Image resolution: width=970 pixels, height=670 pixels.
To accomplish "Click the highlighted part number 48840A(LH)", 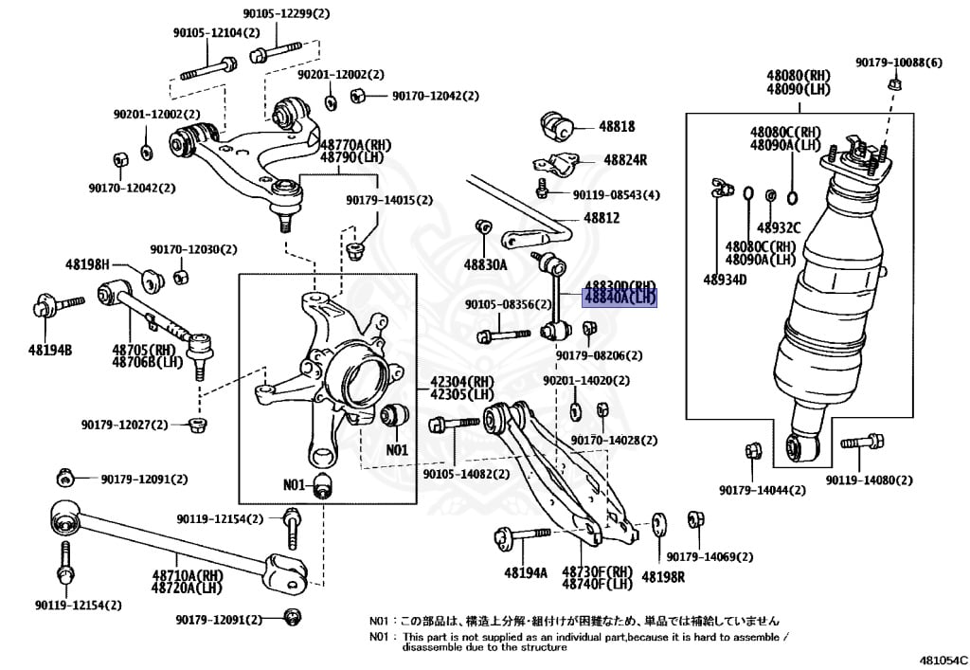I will click(x=620, y=297).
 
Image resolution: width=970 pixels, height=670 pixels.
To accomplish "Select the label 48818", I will click(x=617, y=126).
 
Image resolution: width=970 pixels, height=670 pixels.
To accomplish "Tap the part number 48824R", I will click(x=621, y=160).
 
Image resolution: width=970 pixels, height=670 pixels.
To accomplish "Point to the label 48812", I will click(x=602, y=218).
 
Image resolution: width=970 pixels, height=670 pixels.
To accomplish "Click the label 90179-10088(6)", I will click(x=898, y=63).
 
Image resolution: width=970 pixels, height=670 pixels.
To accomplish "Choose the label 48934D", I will click(x=725, y=280).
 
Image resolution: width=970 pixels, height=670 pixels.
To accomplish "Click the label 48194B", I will click(x=49, y=350).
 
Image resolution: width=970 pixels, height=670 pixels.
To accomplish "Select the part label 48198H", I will click(x=87, y=264).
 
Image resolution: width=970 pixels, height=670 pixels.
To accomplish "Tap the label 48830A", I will click(x=485, y=264).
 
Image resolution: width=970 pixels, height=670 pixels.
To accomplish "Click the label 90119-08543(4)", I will click(x=616, y=195).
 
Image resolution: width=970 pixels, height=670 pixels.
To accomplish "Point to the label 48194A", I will click(x=526, y=572).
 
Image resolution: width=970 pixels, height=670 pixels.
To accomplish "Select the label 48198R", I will click(x=663, y=575).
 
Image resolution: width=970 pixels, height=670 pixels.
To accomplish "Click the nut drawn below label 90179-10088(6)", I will click(x=894, y=84).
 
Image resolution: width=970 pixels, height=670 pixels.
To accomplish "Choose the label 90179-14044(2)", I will click(x=762, y=490).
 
